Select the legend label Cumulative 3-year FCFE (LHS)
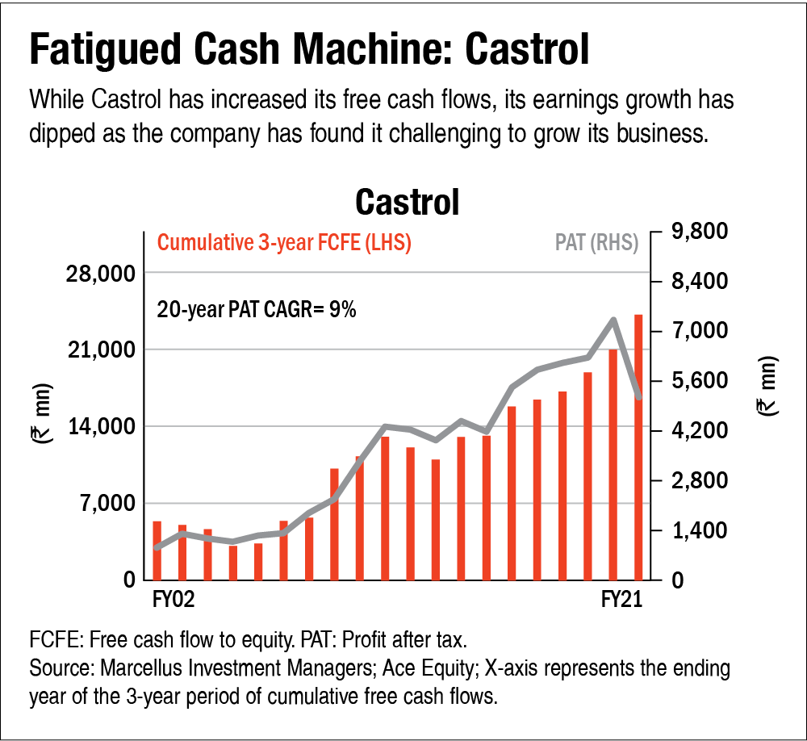[x=284, y=243]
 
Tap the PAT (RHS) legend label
[x=596, y=243]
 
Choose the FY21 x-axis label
[x=621, y=600]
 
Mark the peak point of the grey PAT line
[x=613, y=320]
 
